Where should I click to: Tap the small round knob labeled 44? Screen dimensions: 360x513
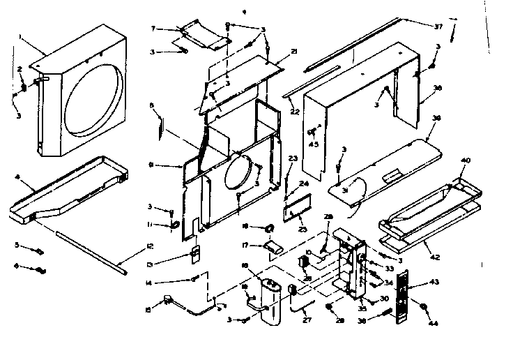423,307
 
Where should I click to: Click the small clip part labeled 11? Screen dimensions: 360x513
174,225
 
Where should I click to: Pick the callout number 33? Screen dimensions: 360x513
388,268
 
